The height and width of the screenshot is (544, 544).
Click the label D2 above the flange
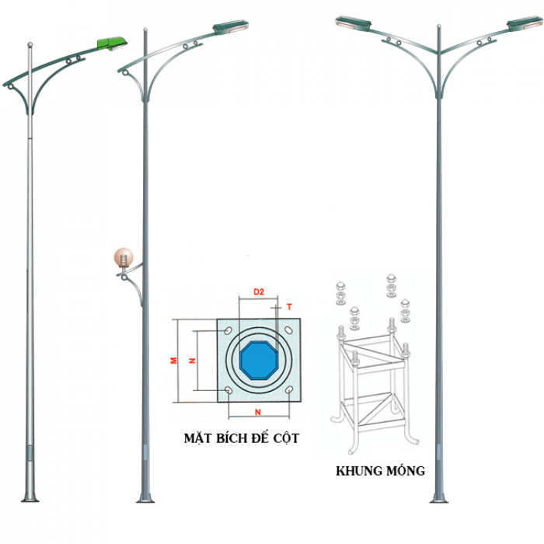259,291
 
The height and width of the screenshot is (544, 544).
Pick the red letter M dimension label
175,360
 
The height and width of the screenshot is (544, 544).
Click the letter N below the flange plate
258,410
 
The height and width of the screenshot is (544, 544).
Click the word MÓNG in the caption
406,471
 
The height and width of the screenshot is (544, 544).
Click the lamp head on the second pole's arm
232,29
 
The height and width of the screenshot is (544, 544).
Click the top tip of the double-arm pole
439,28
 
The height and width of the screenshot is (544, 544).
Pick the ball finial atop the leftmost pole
30,44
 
